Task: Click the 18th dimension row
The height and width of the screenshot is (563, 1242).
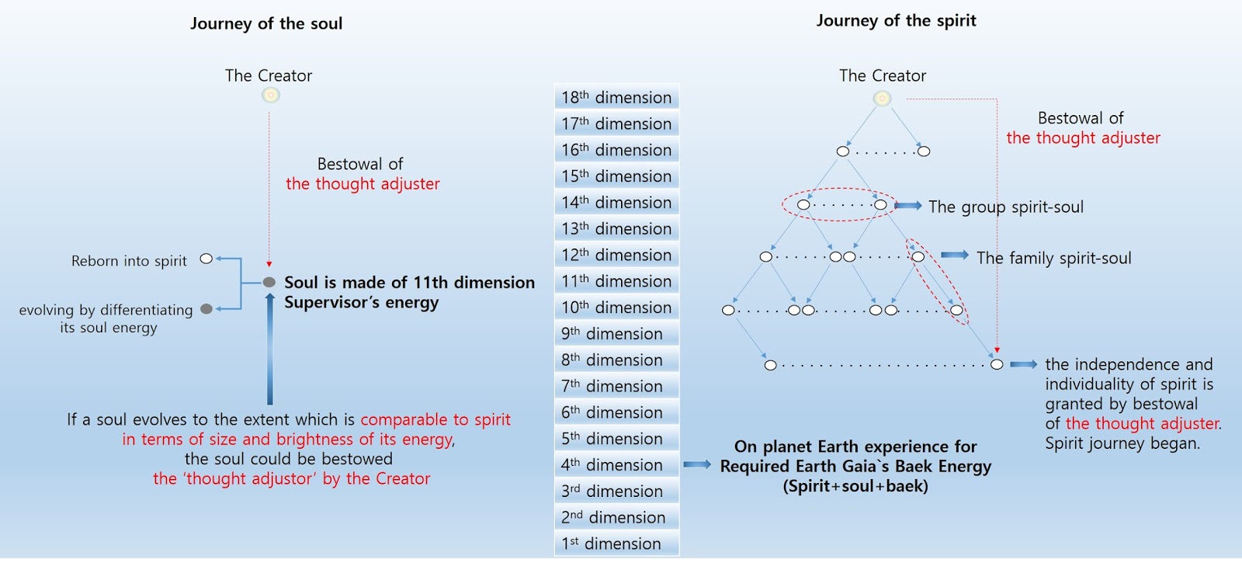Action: click(616, 98)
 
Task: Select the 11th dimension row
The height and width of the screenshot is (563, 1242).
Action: click(616, 281)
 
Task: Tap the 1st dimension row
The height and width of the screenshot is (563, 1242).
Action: click(616, 544)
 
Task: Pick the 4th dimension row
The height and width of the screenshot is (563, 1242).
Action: click(616, 465)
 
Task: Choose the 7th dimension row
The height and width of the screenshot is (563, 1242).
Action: click(616, 386)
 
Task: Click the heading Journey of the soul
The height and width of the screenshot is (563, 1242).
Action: click(266, 23)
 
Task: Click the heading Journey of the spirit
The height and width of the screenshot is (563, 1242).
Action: click(896, 21)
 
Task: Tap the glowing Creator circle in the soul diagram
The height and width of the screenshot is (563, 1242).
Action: click(270, 96)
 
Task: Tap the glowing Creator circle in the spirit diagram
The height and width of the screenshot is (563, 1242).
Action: click(882, 99)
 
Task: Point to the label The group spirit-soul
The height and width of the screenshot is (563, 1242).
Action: click(1005, 207)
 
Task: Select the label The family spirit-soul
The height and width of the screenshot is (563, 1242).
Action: click(1053, 258)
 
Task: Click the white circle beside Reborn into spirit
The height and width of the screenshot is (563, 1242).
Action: click(206, 259)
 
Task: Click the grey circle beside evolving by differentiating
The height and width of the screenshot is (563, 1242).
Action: click(206, 309)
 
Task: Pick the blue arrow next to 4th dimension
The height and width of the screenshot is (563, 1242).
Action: click(697, 465)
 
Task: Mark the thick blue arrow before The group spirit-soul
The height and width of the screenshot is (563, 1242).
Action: click(907, 206)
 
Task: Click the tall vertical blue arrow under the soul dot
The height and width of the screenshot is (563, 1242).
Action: click(270, 349)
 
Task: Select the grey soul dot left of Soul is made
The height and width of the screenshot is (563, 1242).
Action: click(269, 283)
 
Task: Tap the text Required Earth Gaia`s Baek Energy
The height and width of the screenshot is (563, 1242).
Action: click(855, 467)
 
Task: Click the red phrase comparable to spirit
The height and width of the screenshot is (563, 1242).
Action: click(435, 420)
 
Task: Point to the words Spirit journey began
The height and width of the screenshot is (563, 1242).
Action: click(1122, 443)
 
